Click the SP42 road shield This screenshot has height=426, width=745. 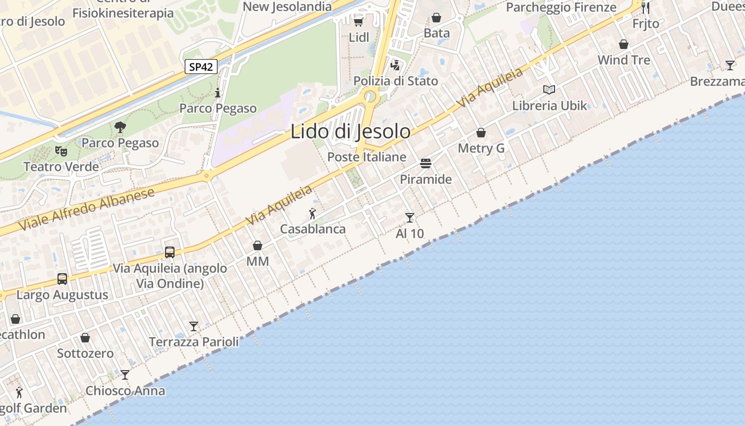[x=201, y=67]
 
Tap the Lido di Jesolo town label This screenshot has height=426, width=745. [x=350, y=132]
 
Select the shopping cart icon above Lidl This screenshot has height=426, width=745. [x=358, y=21]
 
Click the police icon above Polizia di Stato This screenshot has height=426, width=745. [x=395, y=65]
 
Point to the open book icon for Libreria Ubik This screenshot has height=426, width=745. [x=549, y=89]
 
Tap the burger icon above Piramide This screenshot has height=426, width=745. [x=425, y=163]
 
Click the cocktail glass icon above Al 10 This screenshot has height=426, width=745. [x=409, y=217]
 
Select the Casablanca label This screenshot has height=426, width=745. [x=313, y=229]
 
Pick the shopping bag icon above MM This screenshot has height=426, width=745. [x=258, y=245]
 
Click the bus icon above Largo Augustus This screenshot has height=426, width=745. [x=62, y=278]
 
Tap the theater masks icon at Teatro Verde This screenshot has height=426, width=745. [x=61, y=151]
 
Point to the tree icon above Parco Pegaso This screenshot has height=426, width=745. [x=120, y=127]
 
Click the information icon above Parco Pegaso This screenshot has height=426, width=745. [x=218, y=93]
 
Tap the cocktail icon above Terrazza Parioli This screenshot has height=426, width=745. [x=194, y=326]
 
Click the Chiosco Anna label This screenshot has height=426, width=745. [x=125, y=391]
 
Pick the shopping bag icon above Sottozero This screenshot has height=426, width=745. [x=85, y=338]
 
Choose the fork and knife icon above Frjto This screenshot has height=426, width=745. [x=645, y=7]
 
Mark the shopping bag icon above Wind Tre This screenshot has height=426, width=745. [x=624, y=44]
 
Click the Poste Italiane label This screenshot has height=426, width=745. [x=367, y=157]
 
